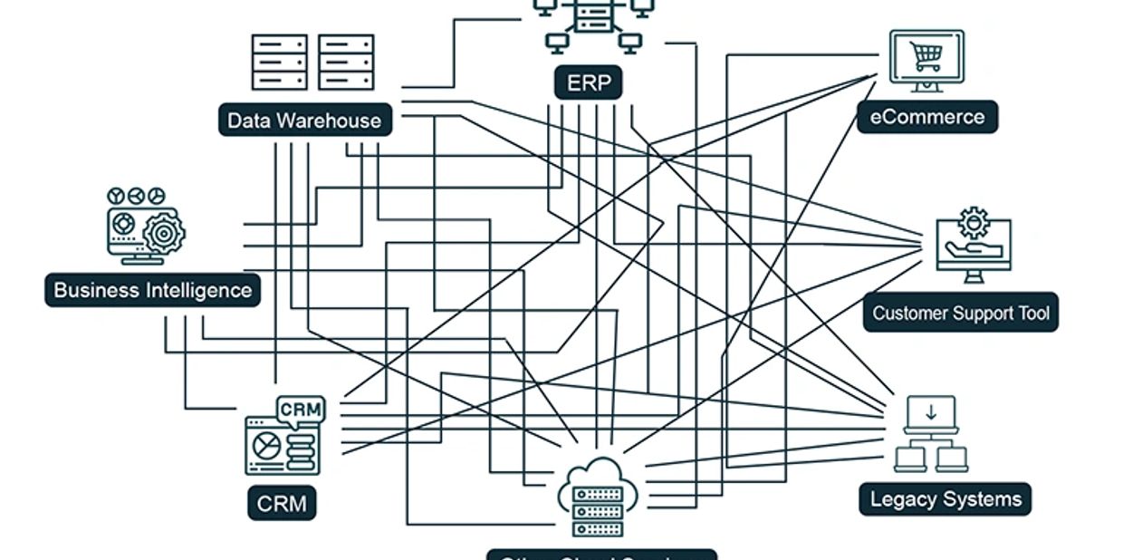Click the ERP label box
[589, 84]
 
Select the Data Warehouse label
[304, 121]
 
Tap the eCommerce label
[926, 117]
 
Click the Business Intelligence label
[152, 290]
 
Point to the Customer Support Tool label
[960, 313]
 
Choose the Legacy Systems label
[945, 499]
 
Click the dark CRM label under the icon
[282, 504]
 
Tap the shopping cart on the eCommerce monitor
[926, 57]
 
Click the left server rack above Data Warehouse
[279, 62]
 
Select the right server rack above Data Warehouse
[346, 62]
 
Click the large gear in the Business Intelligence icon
[164, 233]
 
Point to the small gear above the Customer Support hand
[974, 221]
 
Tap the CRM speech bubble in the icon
[301, 410]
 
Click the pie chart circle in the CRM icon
[265, 445]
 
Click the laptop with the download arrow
[931, 415]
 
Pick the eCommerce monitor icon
[926, 58]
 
